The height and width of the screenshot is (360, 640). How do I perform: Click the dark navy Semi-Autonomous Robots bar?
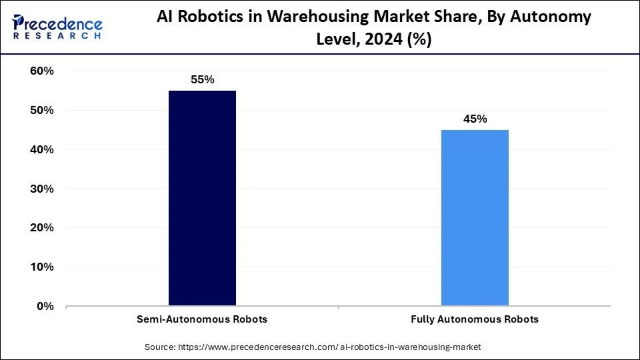pos(202,198)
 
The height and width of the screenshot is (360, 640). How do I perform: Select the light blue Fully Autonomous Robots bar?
pos(475,218)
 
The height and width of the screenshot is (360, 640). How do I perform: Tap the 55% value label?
pos(202,79)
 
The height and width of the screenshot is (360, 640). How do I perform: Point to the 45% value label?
pos(475,119)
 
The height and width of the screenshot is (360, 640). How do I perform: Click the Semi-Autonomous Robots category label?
pos(202,319)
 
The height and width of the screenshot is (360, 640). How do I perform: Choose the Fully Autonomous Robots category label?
pos(475,319)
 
